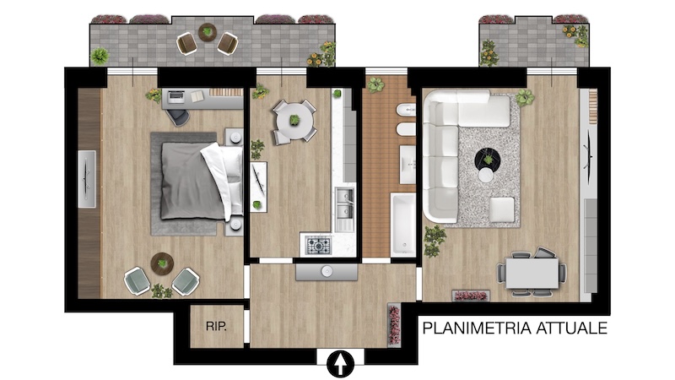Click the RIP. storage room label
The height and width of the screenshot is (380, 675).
[x=216, y=326]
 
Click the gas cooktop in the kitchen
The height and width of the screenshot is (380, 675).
[x=319, y=246]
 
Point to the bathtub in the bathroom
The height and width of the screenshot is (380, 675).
[x=403, y=225]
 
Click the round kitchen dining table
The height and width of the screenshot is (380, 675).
[x=294, y=121]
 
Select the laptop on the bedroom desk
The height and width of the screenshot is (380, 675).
[x=175, y=97]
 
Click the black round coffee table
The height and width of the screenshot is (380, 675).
[x=488, y=160]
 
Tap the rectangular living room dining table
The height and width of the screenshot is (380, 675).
[x=532, y=273]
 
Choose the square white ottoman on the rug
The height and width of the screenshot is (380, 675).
[x=502, y=209]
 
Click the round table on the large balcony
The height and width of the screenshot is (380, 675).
[x=208, y=32]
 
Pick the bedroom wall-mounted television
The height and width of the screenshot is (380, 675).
[x=87, y=179]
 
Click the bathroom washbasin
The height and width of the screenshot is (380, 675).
[x=408, y=165]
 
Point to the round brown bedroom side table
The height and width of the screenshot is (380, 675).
[x=162, y=263]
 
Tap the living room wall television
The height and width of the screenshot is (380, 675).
[x=588, y=152]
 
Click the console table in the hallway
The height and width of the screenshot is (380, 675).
[x=327, y=272]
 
